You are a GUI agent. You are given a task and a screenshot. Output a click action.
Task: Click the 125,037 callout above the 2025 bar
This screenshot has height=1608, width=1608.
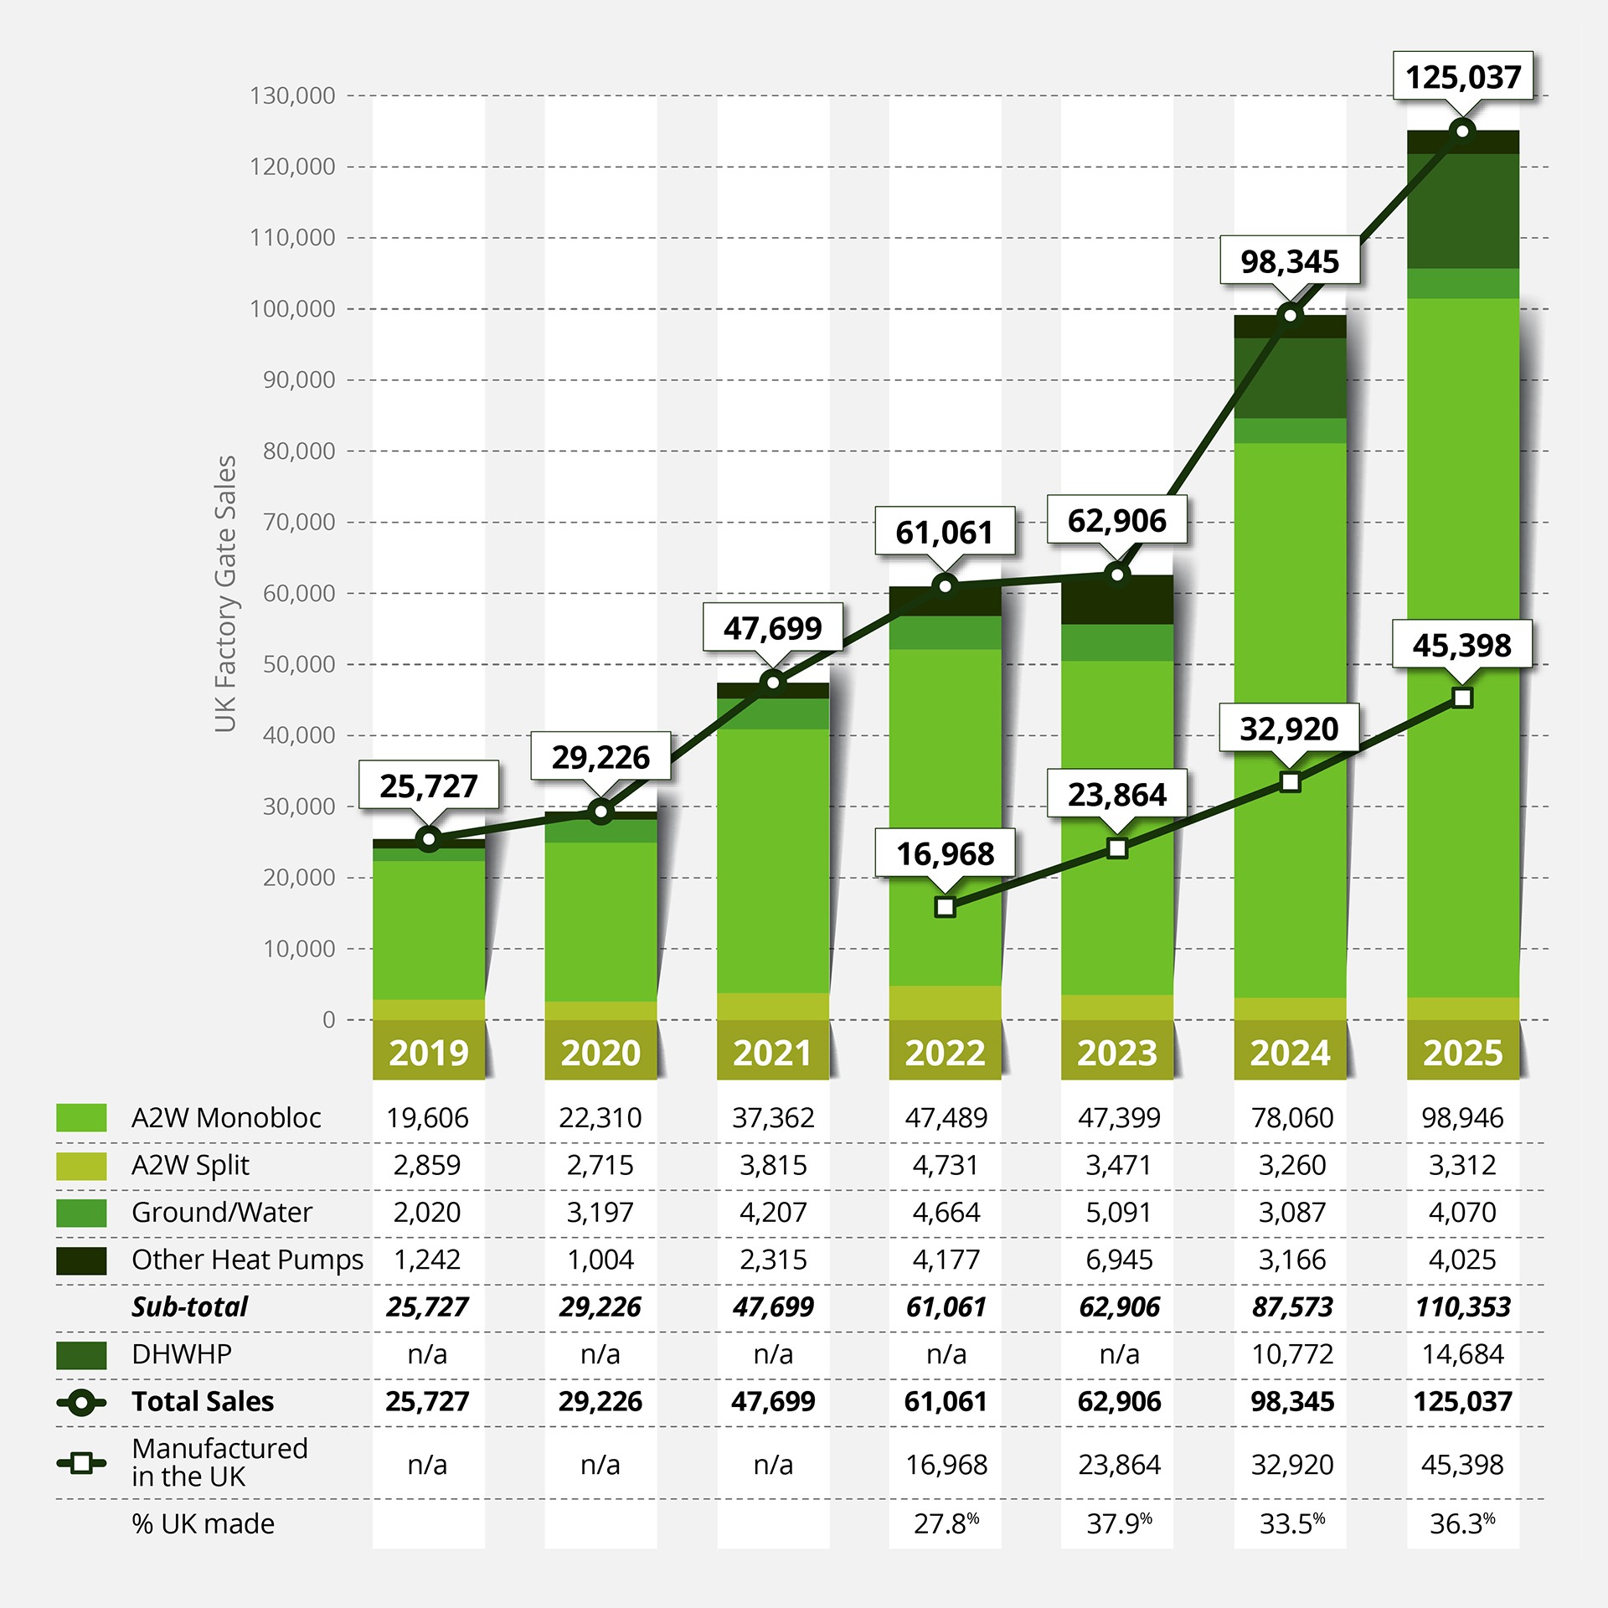pos(1462,77)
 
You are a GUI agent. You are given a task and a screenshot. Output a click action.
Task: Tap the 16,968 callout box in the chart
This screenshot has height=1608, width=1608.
pos(945,853)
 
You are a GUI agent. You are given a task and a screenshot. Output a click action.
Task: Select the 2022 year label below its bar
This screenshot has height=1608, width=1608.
pos(945,1053)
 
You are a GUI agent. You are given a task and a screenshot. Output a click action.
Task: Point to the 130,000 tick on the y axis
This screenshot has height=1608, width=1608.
pos(292,95)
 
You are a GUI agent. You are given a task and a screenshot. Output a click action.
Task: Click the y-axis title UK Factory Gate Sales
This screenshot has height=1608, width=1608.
pos(225,594)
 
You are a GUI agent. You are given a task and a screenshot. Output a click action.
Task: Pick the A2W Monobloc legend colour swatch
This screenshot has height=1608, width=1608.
pos(81,1117)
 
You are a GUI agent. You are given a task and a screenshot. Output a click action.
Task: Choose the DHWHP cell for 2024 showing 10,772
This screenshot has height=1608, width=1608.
pos(1291,1354)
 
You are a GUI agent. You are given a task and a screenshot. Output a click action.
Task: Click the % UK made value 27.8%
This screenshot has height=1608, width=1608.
pos(946,1523)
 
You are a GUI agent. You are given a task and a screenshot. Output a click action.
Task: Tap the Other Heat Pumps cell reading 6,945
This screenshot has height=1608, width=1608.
pos(1119,1260)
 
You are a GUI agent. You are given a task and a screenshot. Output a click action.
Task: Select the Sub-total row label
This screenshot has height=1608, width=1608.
pos(189,1306)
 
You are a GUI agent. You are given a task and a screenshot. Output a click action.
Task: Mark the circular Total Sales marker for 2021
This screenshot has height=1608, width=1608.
pos(773,683)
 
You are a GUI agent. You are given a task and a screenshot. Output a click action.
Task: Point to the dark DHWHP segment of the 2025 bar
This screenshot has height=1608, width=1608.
pos(1462,210)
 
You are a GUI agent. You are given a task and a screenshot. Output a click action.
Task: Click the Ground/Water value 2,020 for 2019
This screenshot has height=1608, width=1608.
pos(427,1212)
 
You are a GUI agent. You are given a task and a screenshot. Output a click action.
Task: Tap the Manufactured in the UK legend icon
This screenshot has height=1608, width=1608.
pos(81,1463)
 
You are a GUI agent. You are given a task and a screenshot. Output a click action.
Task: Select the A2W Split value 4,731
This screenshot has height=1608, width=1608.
pos(946,1165)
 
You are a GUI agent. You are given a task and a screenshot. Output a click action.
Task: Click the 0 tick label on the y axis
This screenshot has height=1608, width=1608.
pos(328,1020)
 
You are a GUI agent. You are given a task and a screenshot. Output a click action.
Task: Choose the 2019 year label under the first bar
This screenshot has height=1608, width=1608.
pos(429,1053)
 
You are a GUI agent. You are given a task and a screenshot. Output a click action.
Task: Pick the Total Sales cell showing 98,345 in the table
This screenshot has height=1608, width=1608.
pos(1291,1401)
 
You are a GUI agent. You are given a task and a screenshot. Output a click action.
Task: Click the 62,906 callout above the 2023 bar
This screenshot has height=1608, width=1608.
pos(1116,521)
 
